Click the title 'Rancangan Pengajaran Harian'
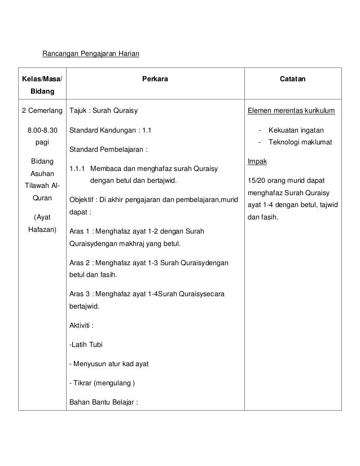coord(90,54)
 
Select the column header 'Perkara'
coord(155,80)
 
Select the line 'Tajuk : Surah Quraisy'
coord(103,110)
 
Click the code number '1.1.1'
coord(77,169)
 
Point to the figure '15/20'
coord(257,180)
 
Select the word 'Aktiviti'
coord(81,326)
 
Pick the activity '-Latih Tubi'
coord(85,345)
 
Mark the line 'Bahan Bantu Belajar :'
coord(104,402)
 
